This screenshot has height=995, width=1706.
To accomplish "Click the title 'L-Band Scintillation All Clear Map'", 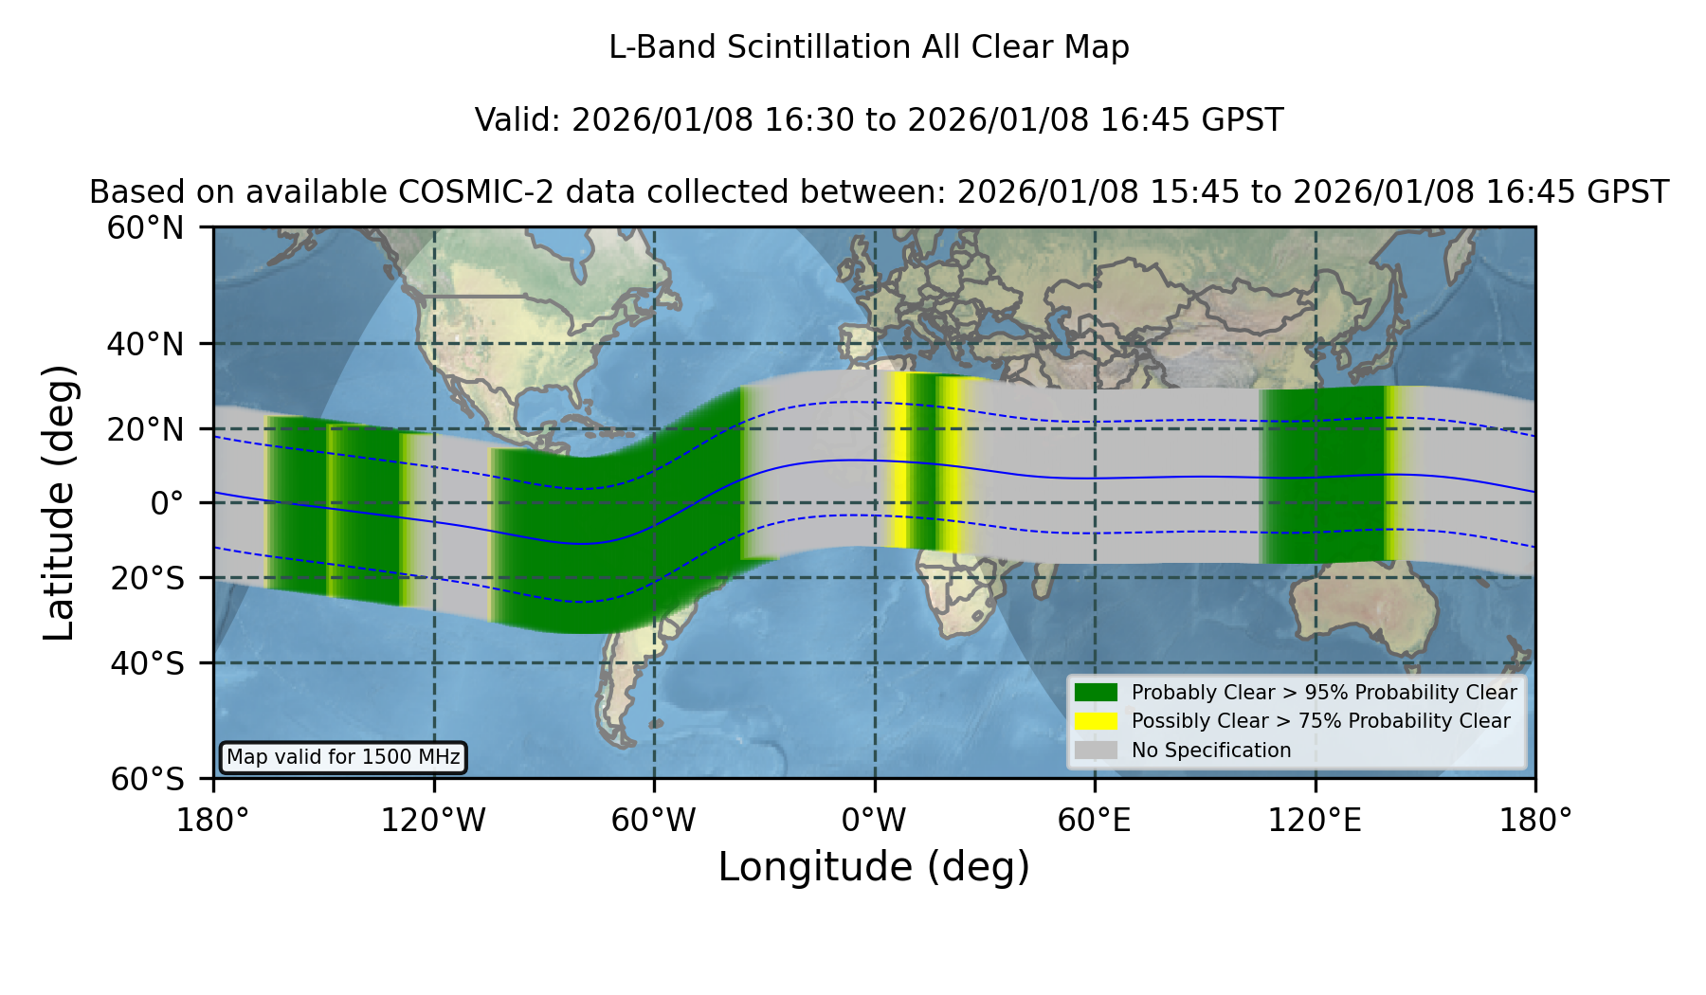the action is [x=869, y=46].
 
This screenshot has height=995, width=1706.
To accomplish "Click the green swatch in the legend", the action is [x=1096, y=692].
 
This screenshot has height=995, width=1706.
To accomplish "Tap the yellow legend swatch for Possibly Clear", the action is [x=1096, y=720].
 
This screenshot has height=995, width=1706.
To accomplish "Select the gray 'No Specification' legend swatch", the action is [x=1096, y=750].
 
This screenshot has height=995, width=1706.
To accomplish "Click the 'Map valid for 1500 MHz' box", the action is [x=343, y=757].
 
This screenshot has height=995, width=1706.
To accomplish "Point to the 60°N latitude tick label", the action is [x=146, y=228].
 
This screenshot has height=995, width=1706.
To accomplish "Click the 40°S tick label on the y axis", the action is [x=147, y=663].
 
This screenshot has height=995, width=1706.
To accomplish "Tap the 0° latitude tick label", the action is [x=167, y=503].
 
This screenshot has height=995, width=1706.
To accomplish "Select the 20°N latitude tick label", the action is [x=146, y=429].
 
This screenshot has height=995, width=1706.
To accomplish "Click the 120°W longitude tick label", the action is [x=433, y=820].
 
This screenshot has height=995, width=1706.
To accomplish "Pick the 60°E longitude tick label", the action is [x=1095, y=820].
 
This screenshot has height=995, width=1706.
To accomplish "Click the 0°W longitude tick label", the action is [x=875, y=820].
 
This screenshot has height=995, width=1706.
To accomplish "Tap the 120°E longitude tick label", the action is [x=1315, y=820].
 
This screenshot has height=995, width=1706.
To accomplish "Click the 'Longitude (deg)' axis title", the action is [x=874, y=867].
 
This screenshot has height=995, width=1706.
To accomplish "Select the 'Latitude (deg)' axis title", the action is [x=59, y=502].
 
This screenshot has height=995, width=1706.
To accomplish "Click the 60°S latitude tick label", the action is [x=147, y=779].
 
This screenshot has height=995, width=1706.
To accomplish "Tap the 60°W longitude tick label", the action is [x=654, y=820].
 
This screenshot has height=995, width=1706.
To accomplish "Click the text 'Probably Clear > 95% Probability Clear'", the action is [x=1324, y=693].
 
